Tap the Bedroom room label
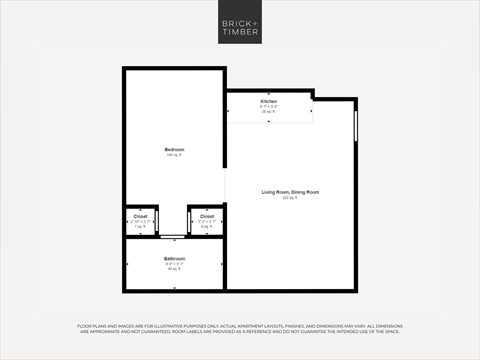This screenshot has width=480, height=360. (x=174, y=149)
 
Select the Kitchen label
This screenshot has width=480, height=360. (x=269, y=102)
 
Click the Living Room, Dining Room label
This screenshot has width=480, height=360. (x=291, y=191)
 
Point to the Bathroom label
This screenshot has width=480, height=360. (x=174, y=259)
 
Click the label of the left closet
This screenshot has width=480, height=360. (x=139, y=216)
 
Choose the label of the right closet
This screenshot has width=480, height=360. (x=206, y=216)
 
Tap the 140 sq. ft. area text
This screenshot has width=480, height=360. (x=174, y=155)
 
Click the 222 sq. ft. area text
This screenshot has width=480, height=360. (x=291, y=197)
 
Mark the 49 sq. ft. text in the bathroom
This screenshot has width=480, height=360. (x=174, y=269)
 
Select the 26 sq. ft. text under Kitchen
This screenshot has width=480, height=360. (x=269, y=112)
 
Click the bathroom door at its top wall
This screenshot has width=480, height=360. (x=174, y=237)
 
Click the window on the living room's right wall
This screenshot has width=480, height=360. (x=356, y=126)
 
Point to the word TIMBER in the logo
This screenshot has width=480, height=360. (x=240, y=32)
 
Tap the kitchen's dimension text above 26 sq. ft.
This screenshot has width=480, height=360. (x=269, y=107)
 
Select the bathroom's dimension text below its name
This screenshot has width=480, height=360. (x=174, y=264)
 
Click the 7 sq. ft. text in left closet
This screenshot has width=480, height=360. (x=139, y=227)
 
